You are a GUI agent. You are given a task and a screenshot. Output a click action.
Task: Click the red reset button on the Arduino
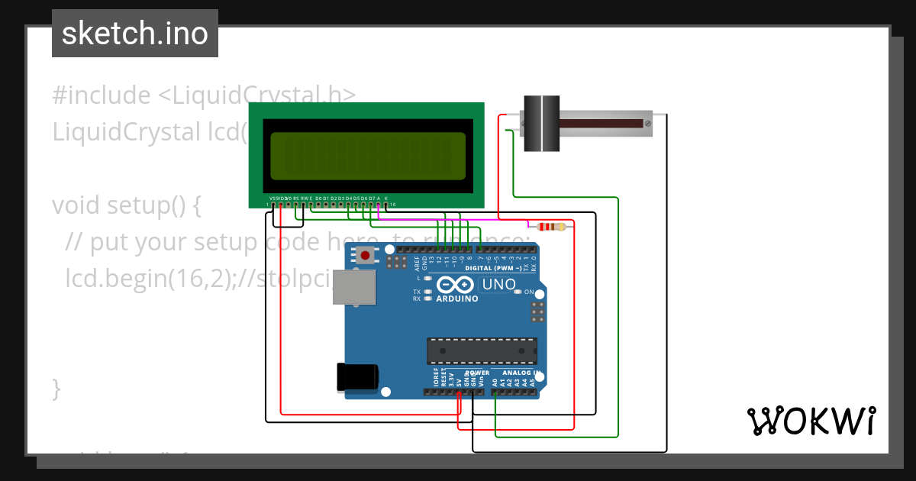[367, 255]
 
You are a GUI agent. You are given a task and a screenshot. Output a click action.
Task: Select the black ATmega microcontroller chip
[481, 351]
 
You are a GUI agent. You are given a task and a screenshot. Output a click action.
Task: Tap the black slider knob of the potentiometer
[541, 123]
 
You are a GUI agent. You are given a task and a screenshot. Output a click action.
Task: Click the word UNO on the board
[498, 286]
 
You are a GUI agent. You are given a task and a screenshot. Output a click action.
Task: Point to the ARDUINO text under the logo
[456, 299]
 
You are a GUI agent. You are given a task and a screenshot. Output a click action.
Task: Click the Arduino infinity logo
[456, 285]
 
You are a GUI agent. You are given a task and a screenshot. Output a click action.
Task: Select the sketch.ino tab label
[134, 34]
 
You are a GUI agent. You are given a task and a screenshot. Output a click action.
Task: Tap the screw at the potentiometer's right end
[647, 123]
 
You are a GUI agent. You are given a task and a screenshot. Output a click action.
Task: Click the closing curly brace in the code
[56, 388]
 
